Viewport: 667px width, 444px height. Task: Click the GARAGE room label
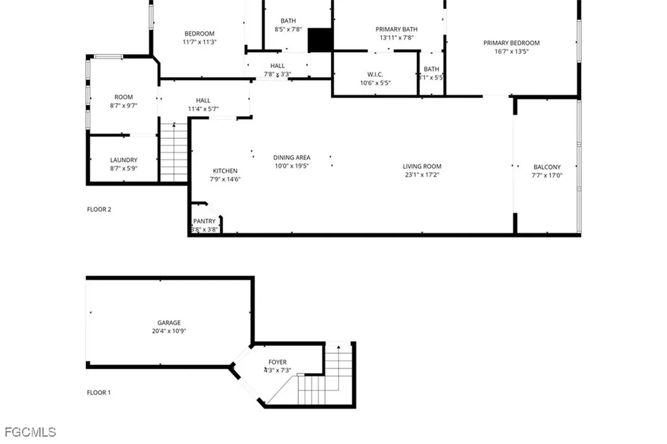tap(169, 323)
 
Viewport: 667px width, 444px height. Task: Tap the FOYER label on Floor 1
tap(277, 362)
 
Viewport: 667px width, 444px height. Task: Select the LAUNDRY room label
tap(124, 160)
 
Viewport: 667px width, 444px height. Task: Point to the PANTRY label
tap(205, 222)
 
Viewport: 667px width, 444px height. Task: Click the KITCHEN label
tap(225, 171)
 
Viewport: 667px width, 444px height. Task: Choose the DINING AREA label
tap(291, 157)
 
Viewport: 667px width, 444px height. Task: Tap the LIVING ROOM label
tap(422, 166)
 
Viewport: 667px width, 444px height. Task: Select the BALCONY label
tap(546, 167)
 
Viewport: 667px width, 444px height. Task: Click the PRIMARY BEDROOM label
tap(511, 43)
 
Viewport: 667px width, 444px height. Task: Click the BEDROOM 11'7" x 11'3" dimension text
tap(199, 42)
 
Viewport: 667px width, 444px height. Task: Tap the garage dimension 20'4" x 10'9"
tap(169, 331)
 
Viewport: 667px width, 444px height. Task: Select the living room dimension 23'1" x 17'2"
tap(422, 175)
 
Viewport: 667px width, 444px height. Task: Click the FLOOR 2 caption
tap(99, 209)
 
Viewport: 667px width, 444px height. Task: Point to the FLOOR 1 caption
tap(99, 392)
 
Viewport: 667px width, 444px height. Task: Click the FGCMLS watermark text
tap(31, 432)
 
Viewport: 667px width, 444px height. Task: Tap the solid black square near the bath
tap(320, 40)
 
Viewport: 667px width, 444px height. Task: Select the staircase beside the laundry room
tap(174, 154)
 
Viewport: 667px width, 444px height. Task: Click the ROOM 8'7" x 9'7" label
tap(124, 101)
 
